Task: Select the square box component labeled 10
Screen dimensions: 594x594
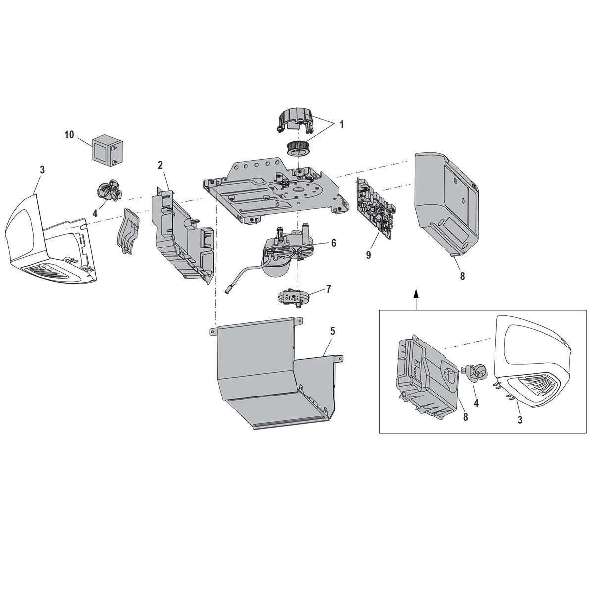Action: point(106,147)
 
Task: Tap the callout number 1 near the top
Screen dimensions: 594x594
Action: point(341,125)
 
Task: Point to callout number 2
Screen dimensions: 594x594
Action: point(160,165)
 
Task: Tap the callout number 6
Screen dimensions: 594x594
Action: point(333,243)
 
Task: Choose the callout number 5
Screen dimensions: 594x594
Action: point(333,331)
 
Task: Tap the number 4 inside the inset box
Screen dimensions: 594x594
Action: point(476,403)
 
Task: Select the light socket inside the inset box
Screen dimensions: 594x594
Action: point(476,372)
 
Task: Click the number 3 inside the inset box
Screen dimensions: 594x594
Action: point(520,419)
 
